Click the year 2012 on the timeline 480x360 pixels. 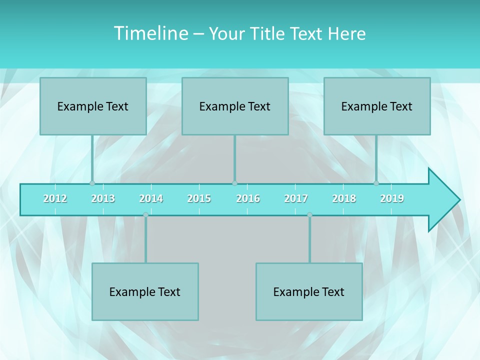(55, 198)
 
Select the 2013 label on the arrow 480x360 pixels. (103, 198)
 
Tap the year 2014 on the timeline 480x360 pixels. (151, 198)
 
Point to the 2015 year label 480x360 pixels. (199, 198)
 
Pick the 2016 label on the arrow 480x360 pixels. (248, 198)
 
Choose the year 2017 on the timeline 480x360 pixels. (296, 198)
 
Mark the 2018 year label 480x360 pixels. (344, 198)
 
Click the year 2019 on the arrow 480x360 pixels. (392, 198)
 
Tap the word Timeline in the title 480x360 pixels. (150, 33)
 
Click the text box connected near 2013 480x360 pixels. (93, 106)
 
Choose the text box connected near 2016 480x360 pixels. (235, 106)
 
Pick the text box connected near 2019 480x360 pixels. (377, 106)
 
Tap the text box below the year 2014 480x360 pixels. (145, 291)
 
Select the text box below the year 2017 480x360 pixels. (309, 291)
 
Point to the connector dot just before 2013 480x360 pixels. (92, 183)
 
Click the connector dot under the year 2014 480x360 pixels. (145, 214)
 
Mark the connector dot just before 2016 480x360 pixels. (234, 183)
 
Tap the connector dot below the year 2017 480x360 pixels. (309, 214)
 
